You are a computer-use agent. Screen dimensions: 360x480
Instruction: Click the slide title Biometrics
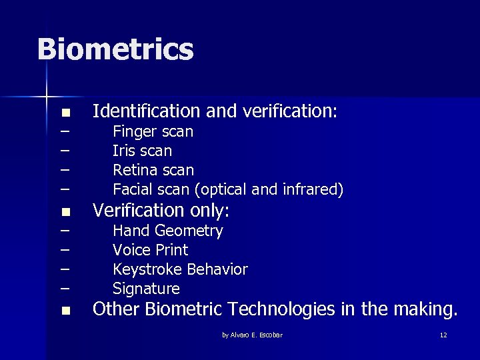[x=115, y=49]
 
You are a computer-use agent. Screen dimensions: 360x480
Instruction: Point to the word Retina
[x=135, y=171]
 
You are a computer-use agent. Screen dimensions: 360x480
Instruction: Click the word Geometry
[x=192, y=231]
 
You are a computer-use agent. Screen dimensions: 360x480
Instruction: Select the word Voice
[x=131, y=250]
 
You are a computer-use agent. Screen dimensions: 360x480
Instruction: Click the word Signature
[x=146, y=289]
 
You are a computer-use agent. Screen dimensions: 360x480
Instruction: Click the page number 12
[x=443, y=335]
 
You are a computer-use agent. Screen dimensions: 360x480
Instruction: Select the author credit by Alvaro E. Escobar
[x=252, y=335]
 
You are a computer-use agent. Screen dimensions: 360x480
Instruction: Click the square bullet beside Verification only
[x=65, y=213]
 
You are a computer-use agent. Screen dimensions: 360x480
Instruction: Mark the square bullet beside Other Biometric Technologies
[x=65, y=311]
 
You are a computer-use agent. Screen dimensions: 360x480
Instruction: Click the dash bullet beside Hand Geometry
[x=65, y=231]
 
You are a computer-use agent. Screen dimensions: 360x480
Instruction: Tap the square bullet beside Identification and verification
[x=65, y=112]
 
